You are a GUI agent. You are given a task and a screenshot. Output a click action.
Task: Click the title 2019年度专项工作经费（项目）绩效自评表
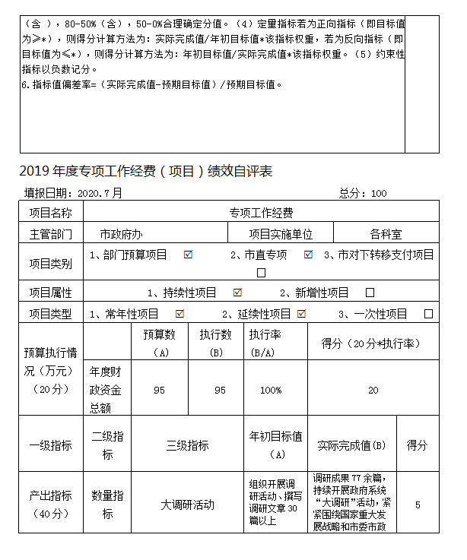click(x=145, y=172)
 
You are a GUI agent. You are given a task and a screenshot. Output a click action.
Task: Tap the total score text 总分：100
click(x=363, y=193)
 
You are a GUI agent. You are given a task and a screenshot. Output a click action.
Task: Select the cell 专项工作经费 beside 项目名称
click(x=261, y=213)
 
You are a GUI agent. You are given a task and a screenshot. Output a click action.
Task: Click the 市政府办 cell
click(x=121, y=234)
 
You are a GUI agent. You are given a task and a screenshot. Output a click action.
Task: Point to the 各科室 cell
click(x=386, y=234)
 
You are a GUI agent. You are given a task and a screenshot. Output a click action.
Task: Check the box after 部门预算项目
click(x=188, y=255)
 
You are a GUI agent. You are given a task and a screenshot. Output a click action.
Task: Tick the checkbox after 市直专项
click(x=308, y=255)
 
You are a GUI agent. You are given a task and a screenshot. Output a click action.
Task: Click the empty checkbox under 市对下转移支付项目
click(x=262, y=272)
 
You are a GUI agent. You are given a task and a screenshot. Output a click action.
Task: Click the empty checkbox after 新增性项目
click(x=370, y=293)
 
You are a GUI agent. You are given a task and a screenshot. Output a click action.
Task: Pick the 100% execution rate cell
click(x=271, y=390)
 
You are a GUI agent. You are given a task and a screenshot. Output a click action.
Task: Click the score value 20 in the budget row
click(x=373, y=390)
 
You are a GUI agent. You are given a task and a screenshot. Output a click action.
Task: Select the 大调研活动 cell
click(x=187, y=504)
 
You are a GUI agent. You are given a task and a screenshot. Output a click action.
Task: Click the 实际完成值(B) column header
click(x=351, y=445)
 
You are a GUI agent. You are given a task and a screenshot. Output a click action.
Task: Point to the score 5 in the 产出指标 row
click(x=418, y=504)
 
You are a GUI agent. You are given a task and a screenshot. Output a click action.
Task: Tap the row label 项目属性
click(x=51, y=293)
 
